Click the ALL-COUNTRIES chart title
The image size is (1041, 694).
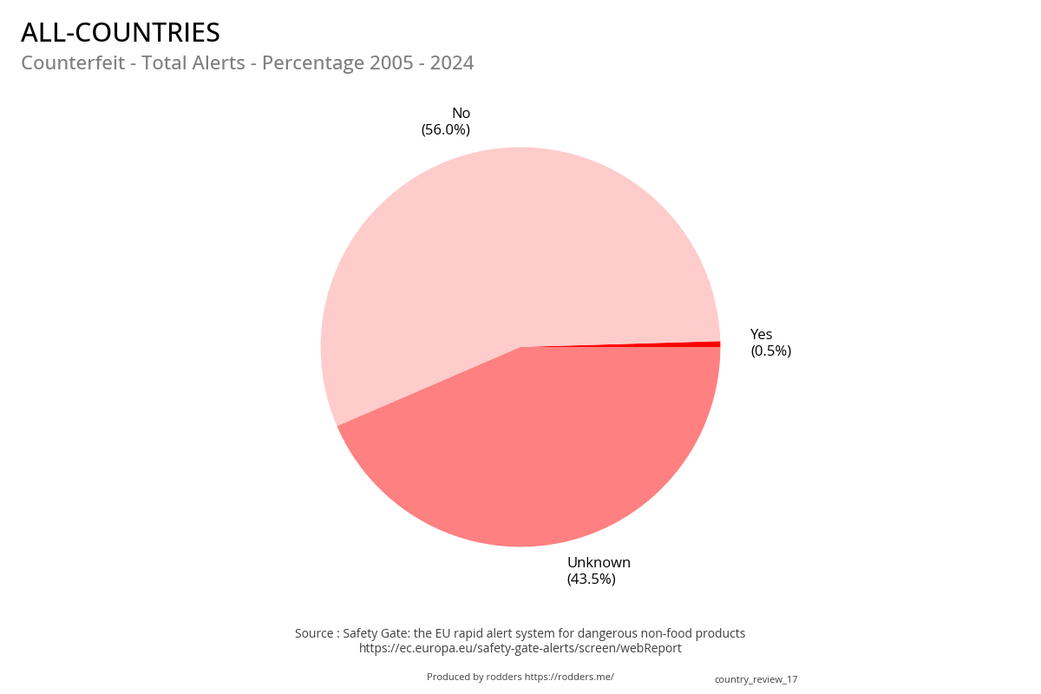pos(121,33)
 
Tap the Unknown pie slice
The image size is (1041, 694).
pos(538,451)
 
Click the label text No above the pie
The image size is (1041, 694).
pos(461,113)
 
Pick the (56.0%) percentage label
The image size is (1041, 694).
pos(446,130)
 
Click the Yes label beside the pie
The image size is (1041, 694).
pos(761,335)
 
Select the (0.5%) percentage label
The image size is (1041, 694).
pos(770,351)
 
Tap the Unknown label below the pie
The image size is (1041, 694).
pos(599,562)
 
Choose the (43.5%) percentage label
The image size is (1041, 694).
pos(592,579)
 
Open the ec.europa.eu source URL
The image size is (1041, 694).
pos(520,648)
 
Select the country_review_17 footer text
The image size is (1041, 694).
pos(756,679)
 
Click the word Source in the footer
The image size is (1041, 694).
pos(314,633)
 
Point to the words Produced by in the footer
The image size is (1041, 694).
pos(455,677)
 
